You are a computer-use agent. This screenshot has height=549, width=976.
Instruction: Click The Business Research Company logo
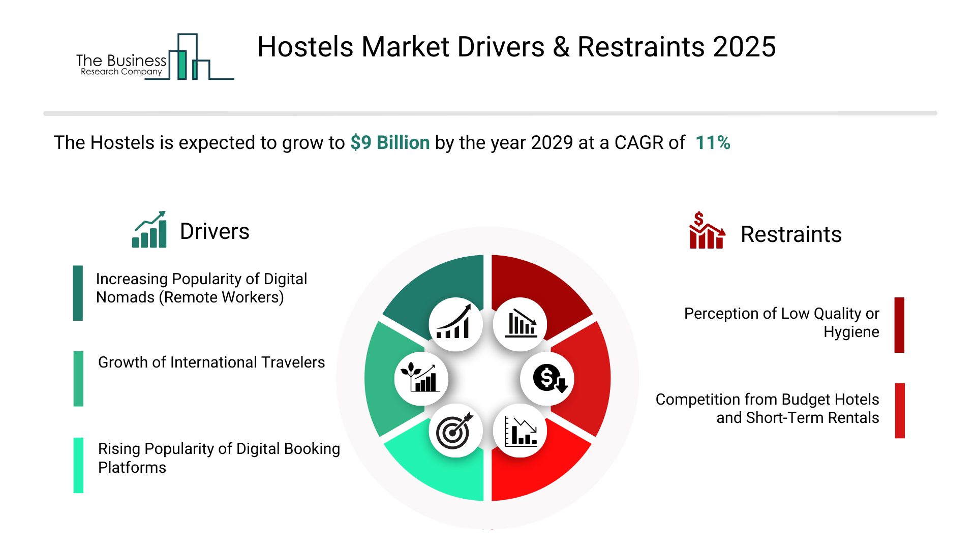(155, 57)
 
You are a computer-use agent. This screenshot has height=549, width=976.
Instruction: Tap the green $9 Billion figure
(390, 143)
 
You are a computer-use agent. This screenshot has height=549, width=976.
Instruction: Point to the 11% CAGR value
(713, 143)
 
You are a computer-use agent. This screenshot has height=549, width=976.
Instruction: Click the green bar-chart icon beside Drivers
(149, 230)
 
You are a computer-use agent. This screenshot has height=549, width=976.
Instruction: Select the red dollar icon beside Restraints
(707, 230)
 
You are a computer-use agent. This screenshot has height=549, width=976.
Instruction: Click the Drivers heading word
(215, 231)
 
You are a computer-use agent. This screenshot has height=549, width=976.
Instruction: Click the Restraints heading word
(791, 234)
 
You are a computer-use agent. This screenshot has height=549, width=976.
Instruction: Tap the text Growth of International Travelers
(211, 362)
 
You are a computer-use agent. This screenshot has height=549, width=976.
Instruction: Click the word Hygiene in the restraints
(851, 332)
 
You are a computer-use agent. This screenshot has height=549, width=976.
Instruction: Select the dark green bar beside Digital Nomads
(78, 293)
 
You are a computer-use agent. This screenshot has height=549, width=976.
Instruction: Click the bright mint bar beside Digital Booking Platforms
(78, 465)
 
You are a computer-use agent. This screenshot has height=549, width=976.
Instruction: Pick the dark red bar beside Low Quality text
(899, 325)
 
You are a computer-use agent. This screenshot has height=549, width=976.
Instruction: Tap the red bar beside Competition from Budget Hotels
(900, 411)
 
